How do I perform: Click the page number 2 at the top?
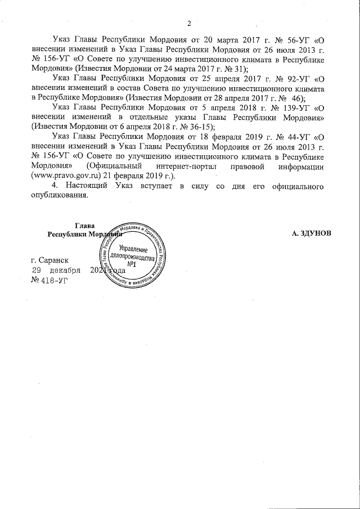click(x=190, y=23)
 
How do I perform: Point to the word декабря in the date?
click(x=65, y=271)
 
